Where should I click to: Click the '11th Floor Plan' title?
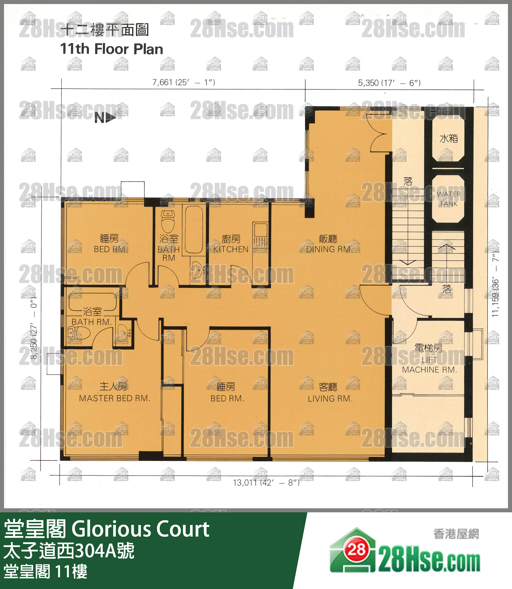(x=111, y=49)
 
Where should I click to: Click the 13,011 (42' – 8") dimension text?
(x=266, y=483)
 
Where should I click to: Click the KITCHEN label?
(x=231, y=249)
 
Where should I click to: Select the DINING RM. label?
(x=329, y=249)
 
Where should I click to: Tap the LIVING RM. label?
(x=330, y=399)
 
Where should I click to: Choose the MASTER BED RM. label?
(x=114, y=398)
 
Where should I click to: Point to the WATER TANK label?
(x=448, y=199)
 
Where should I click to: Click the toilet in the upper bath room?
(x=168, y=222)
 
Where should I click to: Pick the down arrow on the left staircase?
(x=408, y=262)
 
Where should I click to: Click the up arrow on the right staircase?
(x=446, y=246)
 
